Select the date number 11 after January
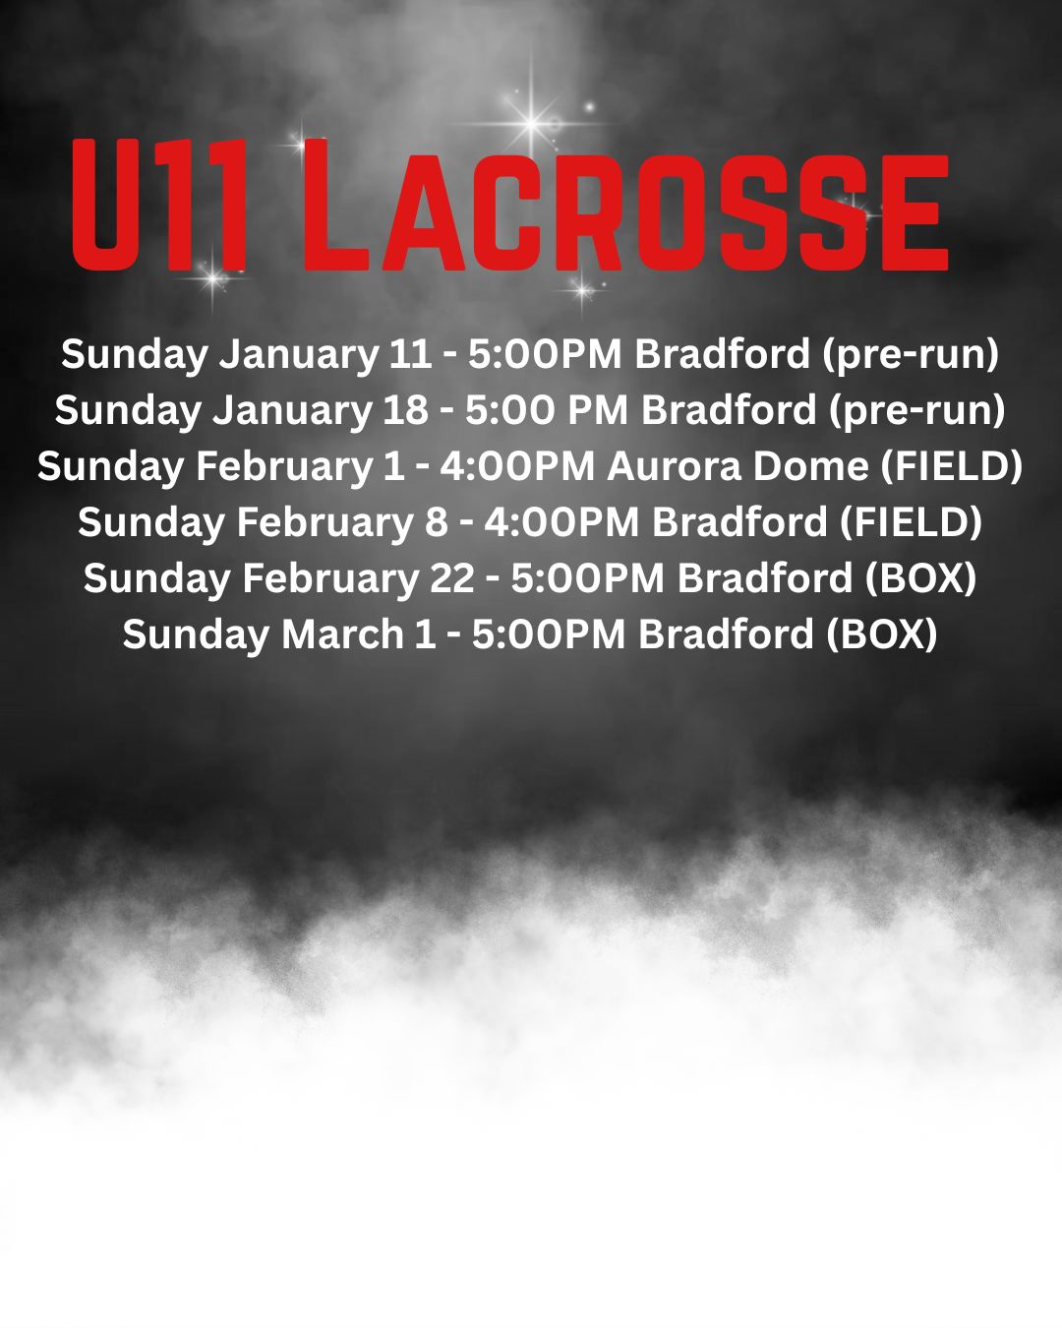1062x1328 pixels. [x=410, y=354]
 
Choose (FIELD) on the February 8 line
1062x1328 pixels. [x=910, y=522]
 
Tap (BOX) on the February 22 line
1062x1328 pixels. [x=920, y=578]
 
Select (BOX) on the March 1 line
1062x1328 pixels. [x=881, y=635]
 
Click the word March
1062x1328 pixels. [x=342, y=634]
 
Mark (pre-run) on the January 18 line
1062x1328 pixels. [x=917, y=411]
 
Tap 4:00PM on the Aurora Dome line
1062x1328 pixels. [x=517, y=466]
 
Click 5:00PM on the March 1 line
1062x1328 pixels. [x=549, y=634]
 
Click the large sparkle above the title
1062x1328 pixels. [x=531, y=123]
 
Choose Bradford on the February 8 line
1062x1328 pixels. [x=738, y=522]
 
